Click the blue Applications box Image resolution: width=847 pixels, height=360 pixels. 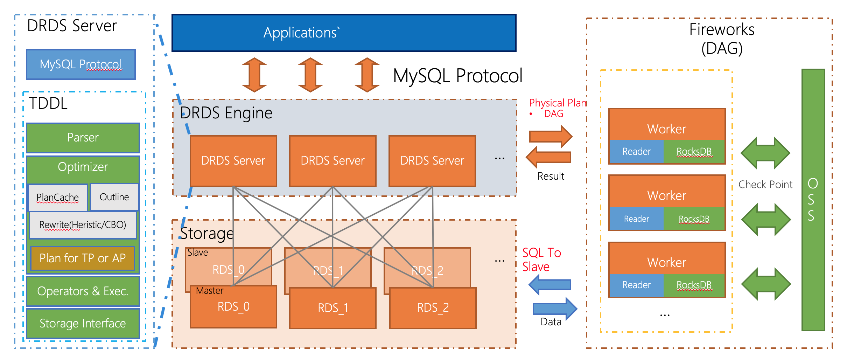tap(344, 33)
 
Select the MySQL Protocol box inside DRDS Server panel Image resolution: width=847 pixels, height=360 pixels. tap(81, 64)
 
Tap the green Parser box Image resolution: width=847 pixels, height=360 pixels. tap(83, 138)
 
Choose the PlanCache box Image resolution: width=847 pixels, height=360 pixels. tap(57, 198)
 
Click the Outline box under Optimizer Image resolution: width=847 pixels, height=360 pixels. tap(114, 197)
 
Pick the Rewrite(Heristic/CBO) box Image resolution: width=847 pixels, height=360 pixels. tap(83, 225)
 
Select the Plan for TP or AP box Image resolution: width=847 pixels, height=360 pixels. tap(83, 258)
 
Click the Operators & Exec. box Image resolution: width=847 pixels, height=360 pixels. tap(83, 291)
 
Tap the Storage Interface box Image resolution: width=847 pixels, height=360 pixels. tap(83, 323)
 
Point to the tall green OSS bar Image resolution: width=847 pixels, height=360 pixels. tap(813, 200)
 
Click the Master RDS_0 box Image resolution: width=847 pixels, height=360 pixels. tap(233, 307)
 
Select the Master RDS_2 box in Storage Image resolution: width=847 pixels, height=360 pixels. tap(433, 308)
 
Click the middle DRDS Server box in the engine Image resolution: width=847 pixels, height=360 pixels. tap(332, 161)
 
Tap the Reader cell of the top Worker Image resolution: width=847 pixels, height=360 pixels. tap(636, 152)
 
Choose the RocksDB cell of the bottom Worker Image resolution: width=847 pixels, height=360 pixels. tap(694, 285)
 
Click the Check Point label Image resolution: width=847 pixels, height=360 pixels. tap(765, 185)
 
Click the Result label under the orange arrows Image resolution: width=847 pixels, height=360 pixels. tap(551, 176)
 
